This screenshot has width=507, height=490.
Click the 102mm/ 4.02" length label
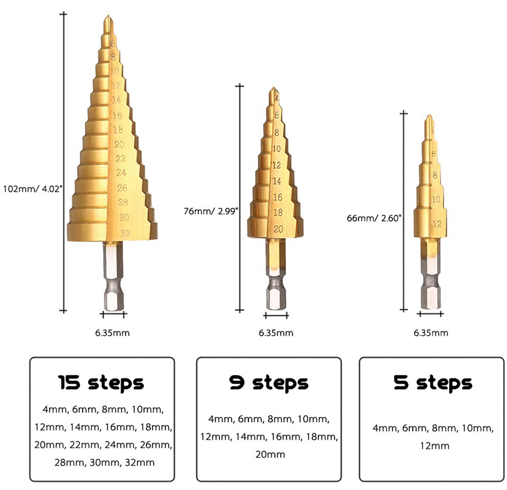32,189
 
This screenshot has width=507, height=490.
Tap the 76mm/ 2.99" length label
211,211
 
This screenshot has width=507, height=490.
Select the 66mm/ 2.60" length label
374,218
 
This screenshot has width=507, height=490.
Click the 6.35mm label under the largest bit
113,333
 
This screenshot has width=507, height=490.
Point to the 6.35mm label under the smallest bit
431,333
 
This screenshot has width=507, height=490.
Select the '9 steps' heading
269,383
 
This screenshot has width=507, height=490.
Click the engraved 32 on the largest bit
125,233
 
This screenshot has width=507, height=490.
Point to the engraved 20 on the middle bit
278,229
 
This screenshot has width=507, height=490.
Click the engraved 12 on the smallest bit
437,223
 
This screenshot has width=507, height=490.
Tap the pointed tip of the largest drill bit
108,16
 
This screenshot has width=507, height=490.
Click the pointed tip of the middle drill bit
274,88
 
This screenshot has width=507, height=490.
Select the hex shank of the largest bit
114,276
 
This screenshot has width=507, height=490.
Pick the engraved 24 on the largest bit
121,173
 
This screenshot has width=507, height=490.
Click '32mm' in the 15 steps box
140,463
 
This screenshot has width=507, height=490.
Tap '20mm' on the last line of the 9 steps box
270,455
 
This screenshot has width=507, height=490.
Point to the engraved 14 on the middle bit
277,181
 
